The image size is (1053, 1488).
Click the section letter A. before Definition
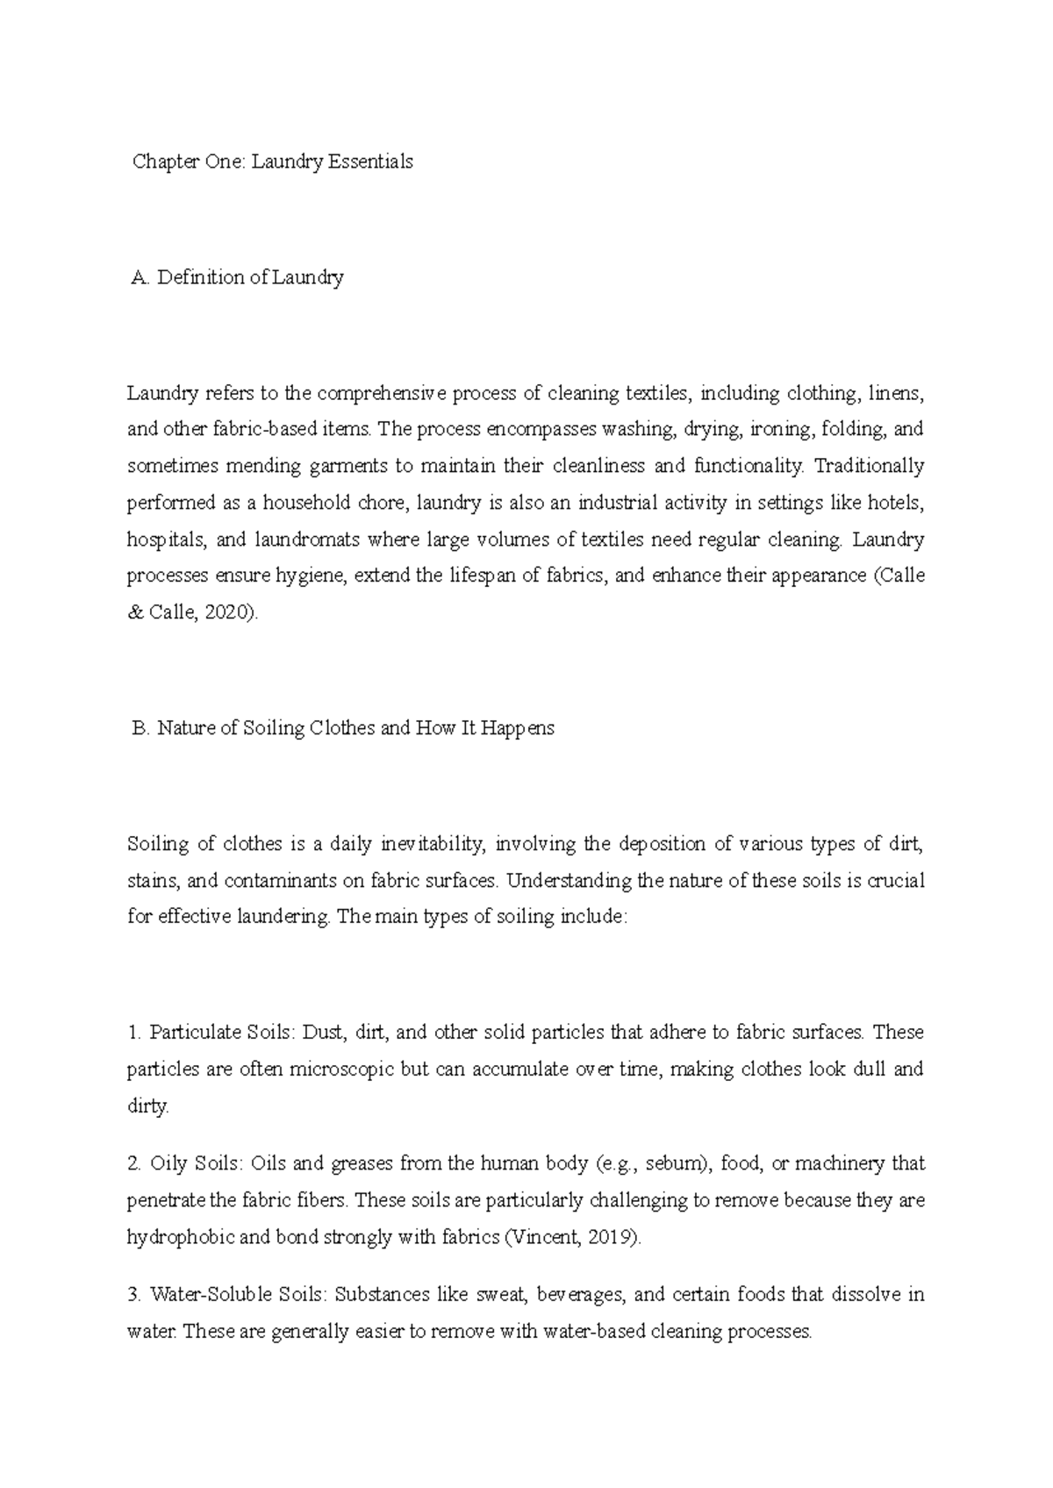pyautogui.click(x=141, y=278)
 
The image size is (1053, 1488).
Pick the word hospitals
pyautogui.click(x=165, y=540)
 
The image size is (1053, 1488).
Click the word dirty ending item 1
pyautogui.click(x=147, y=1107)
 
